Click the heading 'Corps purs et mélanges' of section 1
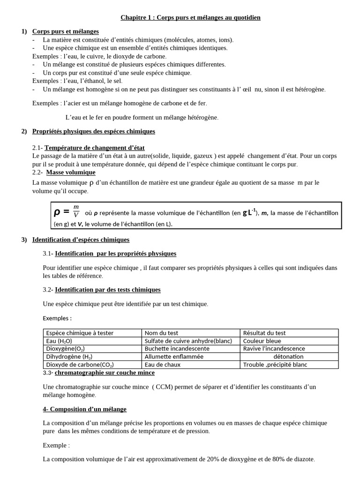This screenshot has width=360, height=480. [x=65, y=31]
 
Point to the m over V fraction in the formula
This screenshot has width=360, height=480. [x=76, y=211]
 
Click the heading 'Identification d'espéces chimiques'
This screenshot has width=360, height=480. [x=81, y=240]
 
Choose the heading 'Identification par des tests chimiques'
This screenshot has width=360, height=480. [x=107, y=290]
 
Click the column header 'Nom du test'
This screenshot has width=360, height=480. [x=161, y=333]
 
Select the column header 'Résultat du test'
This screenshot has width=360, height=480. [x=264, y=333]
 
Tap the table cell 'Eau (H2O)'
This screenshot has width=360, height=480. [x=59, y=341]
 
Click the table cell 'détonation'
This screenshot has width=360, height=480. [x=288, y=356]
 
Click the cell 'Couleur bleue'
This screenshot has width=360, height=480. [x=262, y=341]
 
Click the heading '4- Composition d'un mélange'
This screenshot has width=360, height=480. [x=84, y=409]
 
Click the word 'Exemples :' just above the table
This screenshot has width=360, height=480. [x=57, y=318]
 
